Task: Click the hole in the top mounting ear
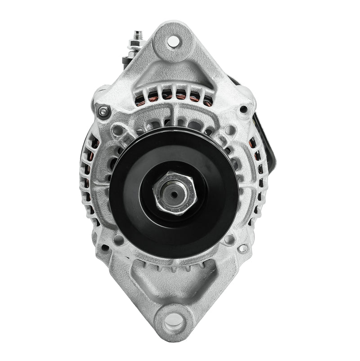pos(171,41)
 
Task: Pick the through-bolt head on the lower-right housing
pos(243,248)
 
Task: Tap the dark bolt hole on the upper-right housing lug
pos(243,109)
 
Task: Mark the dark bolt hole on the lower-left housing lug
pos(104,247)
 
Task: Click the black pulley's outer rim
pos(121,193)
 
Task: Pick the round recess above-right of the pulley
pos(229,131)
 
